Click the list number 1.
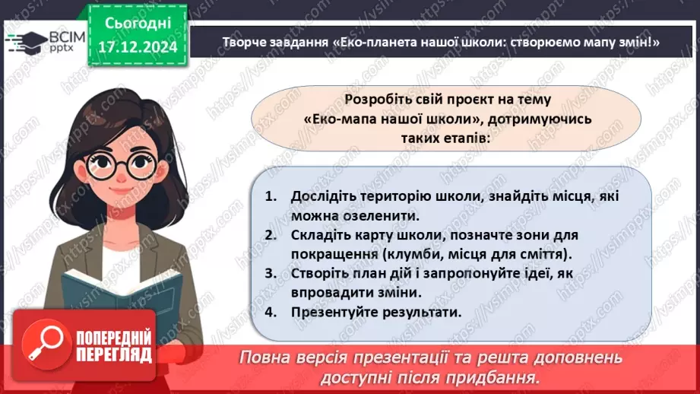(270, 196)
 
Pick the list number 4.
(270, 311)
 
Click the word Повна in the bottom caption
(265, 357)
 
